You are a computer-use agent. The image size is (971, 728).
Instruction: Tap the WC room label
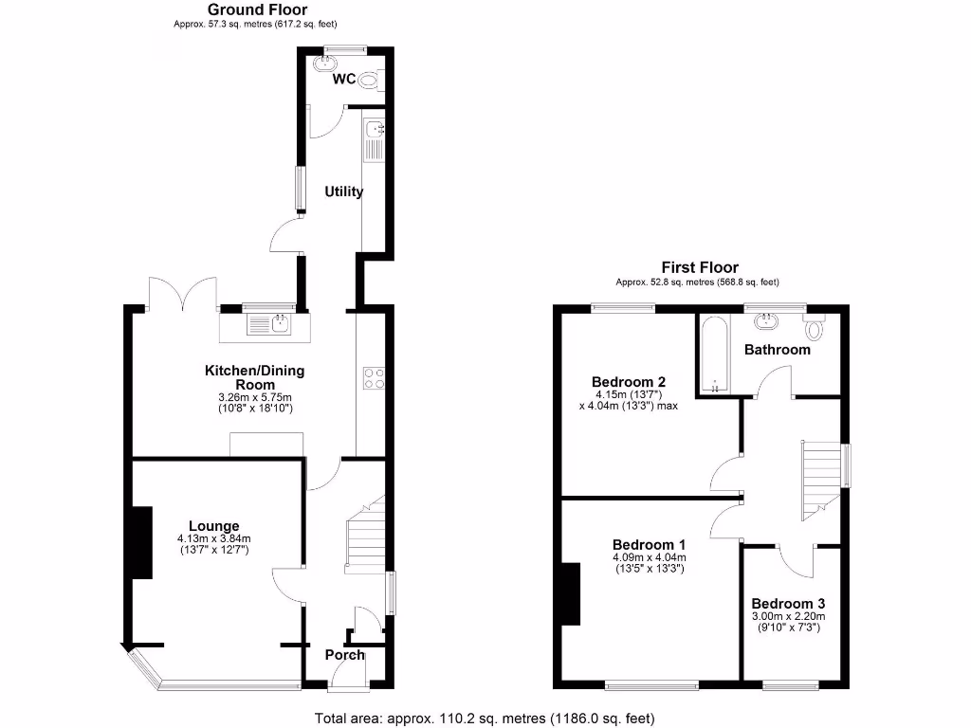click(343, 80)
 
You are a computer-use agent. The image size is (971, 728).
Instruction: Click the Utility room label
click(343, 191)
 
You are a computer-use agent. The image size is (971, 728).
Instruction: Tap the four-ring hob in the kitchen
click(375, 378)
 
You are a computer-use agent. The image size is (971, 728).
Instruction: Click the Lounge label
click(213, 526)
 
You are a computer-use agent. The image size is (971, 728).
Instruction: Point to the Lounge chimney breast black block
click(142, 542)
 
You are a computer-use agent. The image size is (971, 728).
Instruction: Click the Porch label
click(344, 655)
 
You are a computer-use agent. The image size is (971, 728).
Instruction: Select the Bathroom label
click(777, 350)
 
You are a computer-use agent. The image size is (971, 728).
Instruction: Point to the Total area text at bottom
click(485, 719)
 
